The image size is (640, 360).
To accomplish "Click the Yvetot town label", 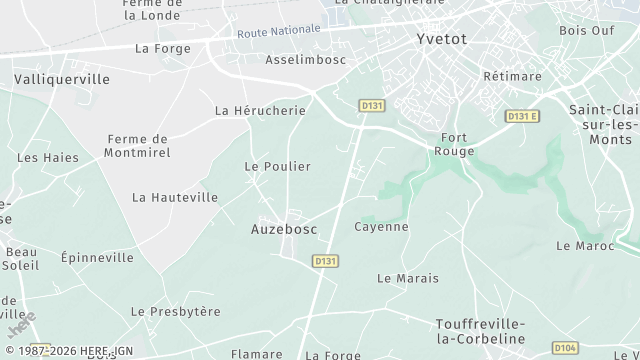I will point(443,41).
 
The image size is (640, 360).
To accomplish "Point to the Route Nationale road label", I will point(279,32).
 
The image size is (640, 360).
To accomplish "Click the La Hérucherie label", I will point(260,111).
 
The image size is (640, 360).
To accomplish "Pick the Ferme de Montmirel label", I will point(137,146).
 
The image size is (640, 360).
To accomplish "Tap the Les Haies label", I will point(47,157).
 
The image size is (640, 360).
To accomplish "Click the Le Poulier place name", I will point(278,166).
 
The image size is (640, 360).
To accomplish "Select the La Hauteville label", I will point(175,198).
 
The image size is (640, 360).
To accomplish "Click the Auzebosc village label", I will point(283,229).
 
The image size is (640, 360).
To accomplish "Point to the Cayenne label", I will point(381,227).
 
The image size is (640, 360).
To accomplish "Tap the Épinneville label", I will point(96,257).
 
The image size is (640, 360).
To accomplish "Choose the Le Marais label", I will point(408,278).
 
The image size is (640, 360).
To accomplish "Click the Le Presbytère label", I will point(175,312).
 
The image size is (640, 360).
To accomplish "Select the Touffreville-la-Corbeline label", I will point(480,332).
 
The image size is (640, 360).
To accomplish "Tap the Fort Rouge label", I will point(455,144).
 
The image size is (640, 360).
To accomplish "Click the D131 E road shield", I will point(522,116).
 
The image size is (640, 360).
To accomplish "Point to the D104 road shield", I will point(565,347).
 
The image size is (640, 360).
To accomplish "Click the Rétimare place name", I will point(512,76).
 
